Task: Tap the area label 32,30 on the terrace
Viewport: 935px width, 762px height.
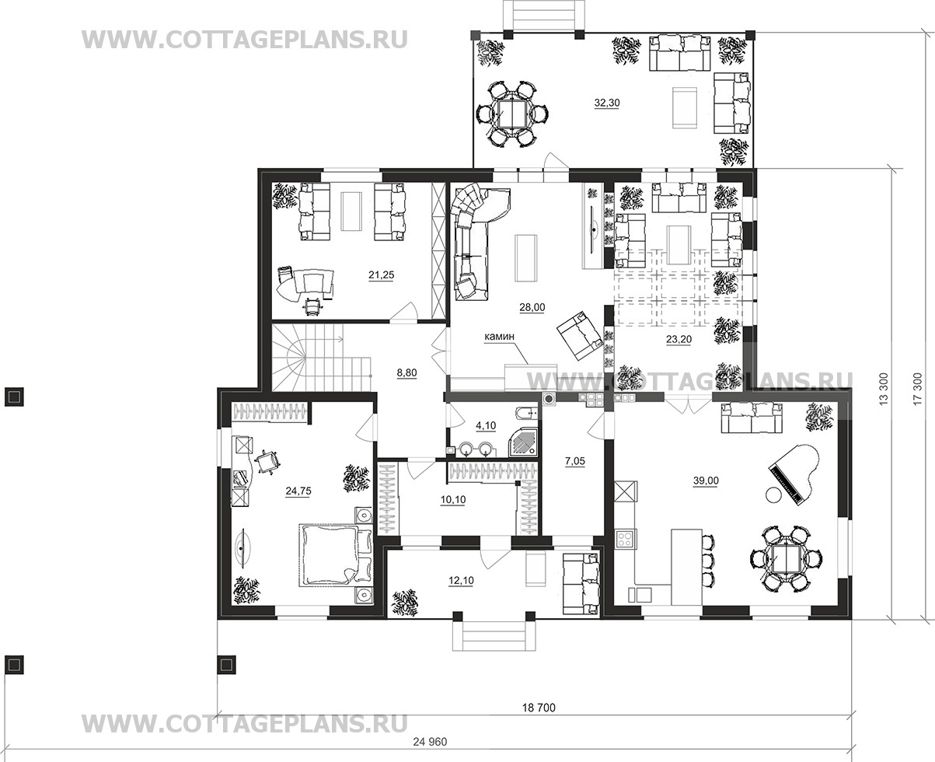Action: [607, 103]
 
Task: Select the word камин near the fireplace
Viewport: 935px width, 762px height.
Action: [499, 337]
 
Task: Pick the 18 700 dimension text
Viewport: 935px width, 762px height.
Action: [539, 708]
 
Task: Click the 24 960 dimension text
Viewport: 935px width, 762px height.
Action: [430, 742]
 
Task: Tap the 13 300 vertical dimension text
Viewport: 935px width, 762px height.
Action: [884, 388]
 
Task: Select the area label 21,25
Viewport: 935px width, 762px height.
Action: [381, 275]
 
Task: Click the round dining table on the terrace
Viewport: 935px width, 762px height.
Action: [512, 114]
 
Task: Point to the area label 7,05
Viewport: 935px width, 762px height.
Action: [574, 461]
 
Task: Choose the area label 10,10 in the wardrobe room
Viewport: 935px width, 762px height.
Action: [453, 499]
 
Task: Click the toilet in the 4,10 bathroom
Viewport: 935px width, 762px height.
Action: [527, 413]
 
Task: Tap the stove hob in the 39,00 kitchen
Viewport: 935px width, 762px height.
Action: [625, 539]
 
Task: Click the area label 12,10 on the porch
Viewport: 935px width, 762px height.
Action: [461, 581]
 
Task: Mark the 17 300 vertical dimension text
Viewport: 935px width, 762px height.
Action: [917, 388]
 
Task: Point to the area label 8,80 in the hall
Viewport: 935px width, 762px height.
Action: [406, 373]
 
